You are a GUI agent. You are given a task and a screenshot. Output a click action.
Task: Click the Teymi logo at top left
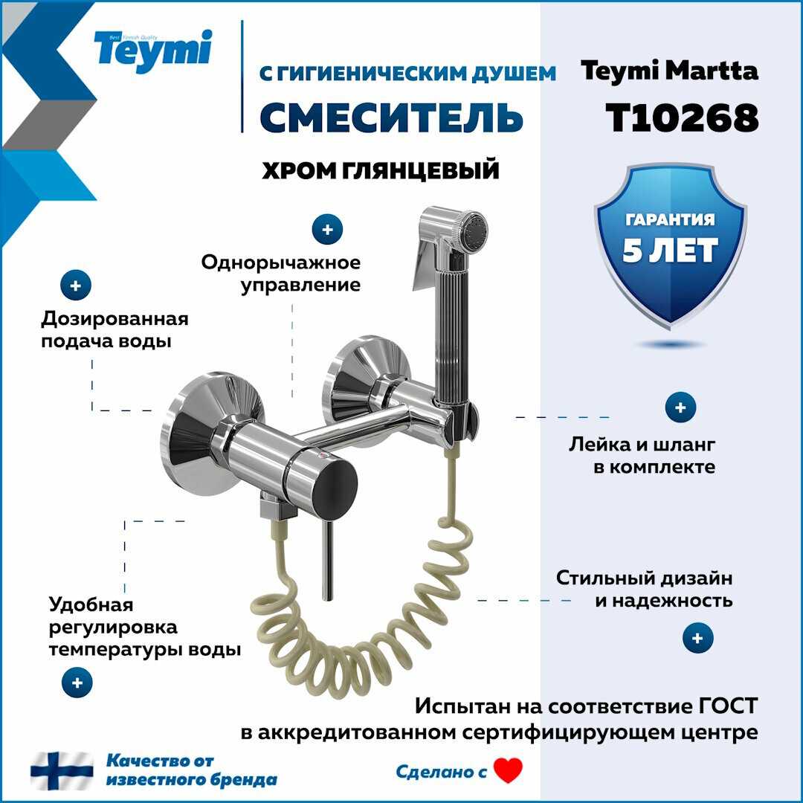[152, 51]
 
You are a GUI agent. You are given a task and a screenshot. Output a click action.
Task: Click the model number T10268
[682, 117]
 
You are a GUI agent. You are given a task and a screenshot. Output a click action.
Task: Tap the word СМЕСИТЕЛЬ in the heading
[391, 117]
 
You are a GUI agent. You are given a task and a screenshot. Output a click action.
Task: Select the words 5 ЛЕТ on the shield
[669, 251]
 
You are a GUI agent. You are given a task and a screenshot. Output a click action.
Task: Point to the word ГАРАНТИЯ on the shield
[670, 219]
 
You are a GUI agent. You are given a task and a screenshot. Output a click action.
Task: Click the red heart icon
[508, 770]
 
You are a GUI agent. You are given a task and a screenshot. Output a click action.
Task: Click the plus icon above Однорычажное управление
[327, 230]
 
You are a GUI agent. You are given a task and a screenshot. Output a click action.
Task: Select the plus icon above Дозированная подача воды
[76, 286]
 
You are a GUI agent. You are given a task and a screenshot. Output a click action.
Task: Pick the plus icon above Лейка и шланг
[680, 407]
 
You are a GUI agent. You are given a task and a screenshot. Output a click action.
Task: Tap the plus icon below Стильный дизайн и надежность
[698, 638]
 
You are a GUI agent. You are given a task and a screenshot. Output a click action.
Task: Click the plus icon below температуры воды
[77, 683]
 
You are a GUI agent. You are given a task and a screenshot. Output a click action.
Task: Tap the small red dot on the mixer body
[322, 454]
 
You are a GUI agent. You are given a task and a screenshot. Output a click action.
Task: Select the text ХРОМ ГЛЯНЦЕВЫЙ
[381, 170]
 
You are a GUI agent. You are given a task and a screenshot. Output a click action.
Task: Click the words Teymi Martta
[669, 70]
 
